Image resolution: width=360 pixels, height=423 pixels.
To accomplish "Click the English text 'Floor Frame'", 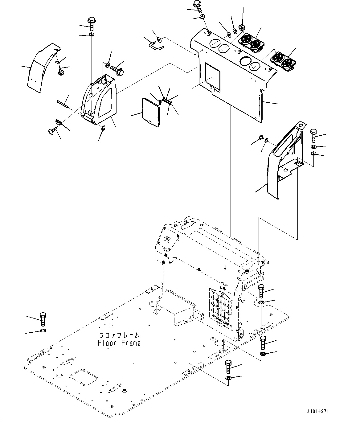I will tap(119, 343).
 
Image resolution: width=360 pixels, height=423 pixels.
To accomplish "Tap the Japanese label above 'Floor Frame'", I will tap(119, 335).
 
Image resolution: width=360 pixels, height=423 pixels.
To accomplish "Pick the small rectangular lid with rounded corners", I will tap(150, 112).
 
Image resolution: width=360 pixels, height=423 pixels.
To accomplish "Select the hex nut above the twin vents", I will tap(242, 27).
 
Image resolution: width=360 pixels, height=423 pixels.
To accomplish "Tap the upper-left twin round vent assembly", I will tap(251, 42).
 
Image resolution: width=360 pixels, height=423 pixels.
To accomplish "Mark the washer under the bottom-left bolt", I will tap(43, 331).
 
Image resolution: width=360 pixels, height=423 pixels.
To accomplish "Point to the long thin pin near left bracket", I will tap(64, 104).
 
